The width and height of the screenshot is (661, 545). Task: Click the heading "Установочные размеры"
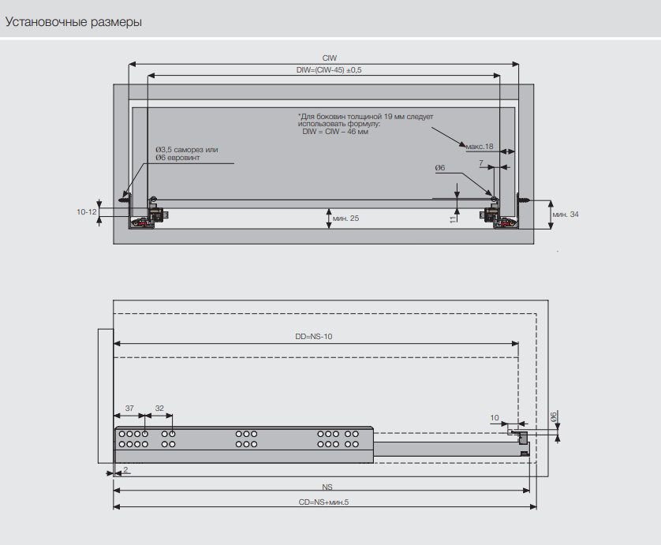click(74, 22)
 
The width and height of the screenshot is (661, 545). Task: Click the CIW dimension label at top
click(329, 58)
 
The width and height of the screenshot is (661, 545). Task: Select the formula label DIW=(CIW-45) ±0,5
click(329, 70)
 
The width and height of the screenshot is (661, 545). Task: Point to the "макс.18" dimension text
click(479, 147)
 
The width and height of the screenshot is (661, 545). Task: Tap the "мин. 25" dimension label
click(345, 218)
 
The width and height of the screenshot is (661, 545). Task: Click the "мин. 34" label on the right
click(566, 215)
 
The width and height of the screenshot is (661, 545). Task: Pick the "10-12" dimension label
click(86, 212)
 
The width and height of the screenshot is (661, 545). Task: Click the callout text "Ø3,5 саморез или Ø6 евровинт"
click(186, 154)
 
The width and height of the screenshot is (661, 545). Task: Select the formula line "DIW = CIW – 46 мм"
click(335, 132)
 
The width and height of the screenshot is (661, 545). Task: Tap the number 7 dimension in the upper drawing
click(481, 162)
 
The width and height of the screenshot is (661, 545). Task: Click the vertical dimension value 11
click(452, 218)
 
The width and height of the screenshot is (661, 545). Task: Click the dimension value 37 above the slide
click(130, 409)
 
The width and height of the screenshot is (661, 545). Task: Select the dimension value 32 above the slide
click(159, 409)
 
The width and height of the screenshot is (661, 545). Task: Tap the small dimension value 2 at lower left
click(125, 469)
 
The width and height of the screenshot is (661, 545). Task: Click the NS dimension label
click(327, 486)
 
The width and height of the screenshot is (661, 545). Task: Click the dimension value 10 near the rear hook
click(495, 416)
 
